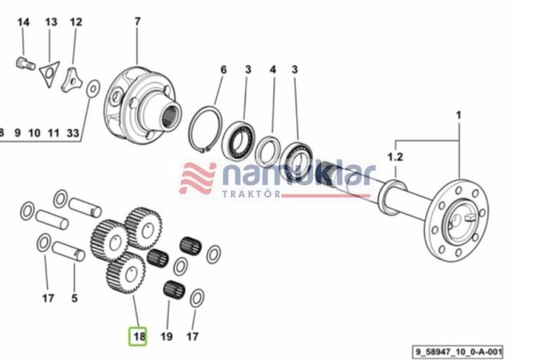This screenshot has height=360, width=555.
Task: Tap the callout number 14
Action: [23, 22]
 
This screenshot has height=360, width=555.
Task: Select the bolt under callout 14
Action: [25, 64]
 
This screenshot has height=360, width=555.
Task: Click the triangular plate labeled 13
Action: [49, 74]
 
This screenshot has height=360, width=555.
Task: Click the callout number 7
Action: [137, 21]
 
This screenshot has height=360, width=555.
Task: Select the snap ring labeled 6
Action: [204, 129]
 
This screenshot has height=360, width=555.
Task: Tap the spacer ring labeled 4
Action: [268, 151]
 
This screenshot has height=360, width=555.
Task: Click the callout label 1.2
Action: [395, 157]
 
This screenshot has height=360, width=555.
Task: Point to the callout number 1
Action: [459, 115]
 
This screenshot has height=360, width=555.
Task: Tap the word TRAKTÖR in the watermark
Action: [252, 194]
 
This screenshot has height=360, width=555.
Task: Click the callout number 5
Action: [74, 298]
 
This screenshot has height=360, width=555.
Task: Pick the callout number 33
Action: [73, 133]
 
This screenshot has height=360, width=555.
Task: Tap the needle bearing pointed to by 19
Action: [174, 290]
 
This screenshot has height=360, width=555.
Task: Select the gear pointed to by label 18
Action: [126, 273]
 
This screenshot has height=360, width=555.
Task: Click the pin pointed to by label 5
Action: [68, 251]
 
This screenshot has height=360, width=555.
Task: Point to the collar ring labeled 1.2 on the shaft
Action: [392, 197]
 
